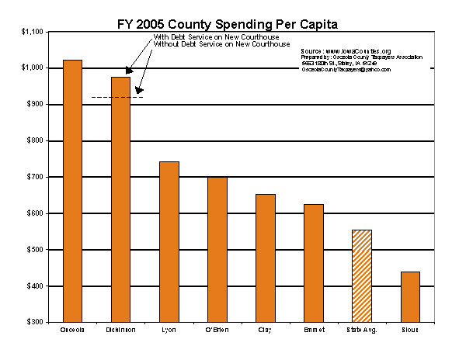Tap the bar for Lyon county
[169, 241]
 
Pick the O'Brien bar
[217, 249]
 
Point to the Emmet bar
[313, 263]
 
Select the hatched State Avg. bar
[362, 275]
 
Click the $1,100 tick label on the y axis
[33, 32]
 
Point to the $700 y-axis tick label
[35, 177]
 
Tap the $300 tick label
[35, 322]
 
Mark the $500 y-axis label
[35, 250]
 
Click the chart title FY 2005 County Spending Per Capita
[232, 14]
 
